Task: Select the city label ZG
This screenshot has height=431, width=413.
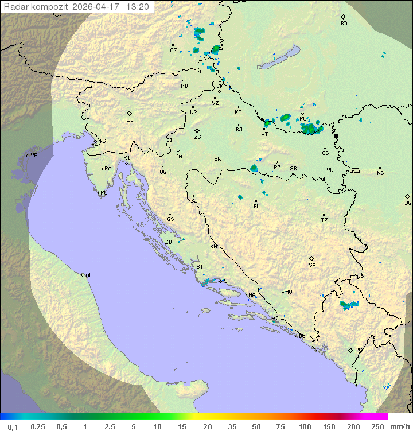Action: point(197,137)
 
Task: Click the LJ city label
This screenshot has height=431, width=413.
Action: point(130,119)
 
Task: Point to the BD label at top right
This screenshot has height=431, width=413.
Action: point(344,24)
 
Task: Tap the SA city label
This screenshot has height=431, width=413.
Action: point(312,265)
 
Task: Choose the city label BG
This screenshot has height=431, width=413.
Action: point(408,203)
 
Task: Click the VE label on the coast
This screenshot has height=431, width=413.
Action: point(34,156)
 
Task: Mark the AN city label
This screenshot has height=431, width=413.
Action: point(89,275)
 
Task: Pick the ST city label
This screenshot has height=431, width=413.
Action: point(227,281)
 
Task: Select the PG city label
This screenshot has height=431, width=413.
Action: point(359,350)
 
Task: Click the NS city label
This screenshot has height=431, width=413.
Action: point(380,173)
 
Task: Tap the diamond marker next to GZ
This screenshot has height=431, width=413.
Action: point(173,44)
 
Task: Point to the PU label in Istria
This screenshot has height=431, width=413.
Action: point(104,193)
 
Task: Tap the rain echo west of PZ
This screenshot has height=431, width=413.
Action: point(254,168)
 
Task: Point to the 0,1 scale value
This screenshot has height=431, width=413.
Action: point(13,426)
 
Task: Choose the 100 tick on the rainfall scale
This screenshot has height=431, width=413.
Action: point(305,426)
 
